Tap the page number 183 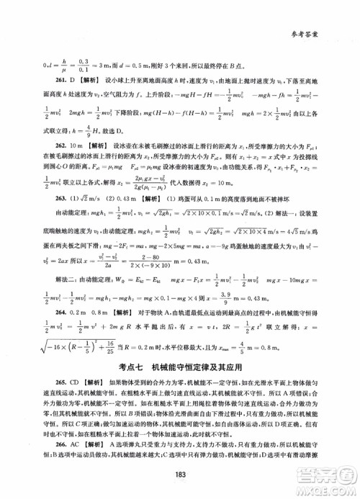180,473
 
